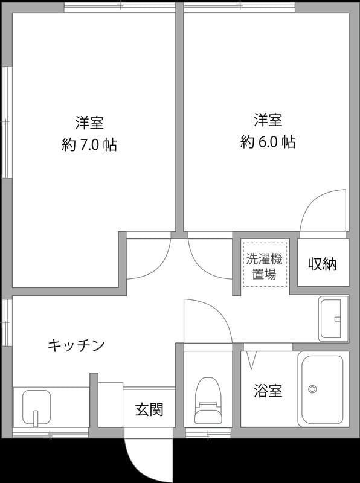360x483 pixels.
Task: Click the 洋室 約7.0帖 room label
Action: (89, 133)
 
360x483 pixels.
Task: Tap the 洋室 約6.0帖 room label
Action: (268, 131)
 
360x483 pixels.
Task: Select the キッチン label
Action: (77, 345)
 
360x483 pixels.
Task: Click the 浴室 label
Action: (268, 391)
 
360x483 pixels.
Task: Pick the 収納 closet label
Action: (323, 264)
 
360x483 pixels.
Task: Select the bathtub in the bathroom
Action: (323, 389)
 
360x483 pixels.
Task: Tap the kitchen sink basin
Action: (36, 408)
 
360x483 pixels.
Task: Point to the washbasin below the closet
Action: (333, 318)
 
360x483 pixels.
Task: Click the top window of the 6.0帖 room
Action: (240, 7)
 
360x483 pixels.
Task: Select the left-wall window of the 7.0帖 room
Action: (6, 121)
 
